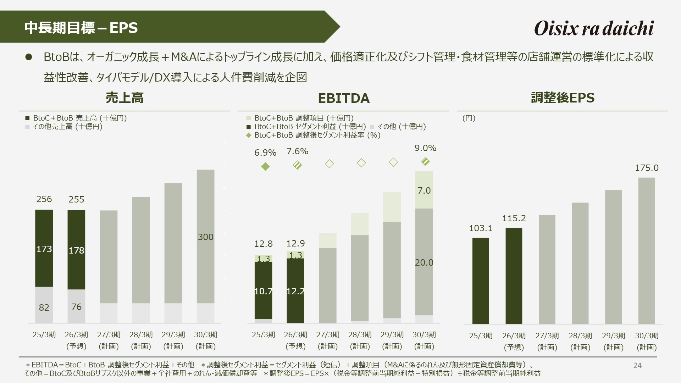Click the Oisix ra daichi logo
point(594,28)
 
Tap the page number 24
point(637,366)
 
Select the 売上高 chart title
point(124,98)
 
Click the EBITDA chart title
point(343,98)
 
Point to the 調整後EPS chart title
point(563,98)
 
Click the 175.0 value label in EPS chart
point(646,168)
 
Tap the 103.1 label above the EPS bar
point(481,228)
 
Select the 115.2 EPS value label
point(514,218)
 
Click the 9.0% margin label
point(425,148)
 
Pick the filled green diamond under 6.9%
point(265,167)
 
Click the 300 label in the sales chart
point(206,237)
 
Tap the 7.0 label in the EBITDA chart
point(424,191)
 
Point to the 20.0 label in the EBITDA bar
point(424,263)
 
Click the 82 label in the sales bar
point(44,307)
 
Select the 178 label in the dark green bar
point(76,251)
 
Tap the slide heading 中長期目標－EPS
point(81,28)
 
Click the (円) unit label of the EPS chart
point(469,118)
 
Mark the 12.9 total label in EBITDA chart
point(295,244)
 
